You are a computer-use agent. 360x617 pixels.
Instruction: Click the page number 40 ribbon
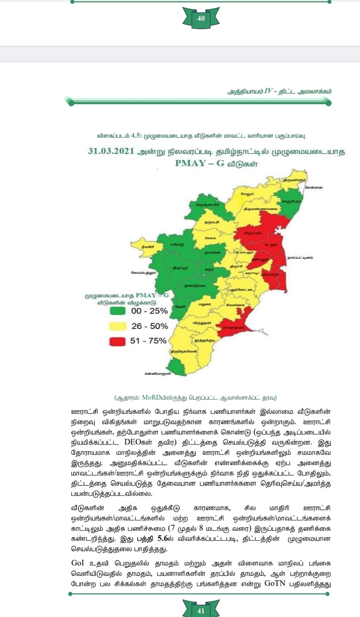pos(201,18)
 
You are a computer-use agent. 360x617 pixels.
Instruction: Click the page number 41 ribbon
pos(201,610)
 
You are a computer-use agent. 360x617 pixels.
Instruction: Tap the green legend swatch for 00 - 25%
pos(117,311)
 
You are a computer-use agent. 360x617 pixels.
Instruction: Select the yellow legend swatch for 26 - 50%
pos(117,326)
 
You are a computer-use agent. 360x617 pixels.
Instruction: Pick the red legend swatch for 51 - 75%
pos(117,341)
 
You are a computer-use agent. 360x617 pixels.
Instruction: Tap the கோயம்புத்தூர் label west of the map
pos(143,273)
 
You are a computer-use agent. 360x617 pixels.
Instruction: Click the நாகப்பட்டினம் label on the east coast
pos(300,257)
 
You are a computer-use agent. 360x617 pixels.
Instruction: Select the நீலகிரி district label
pos(147,246)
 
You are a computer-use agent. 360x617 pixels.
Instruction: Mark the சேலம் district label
pos(210,238)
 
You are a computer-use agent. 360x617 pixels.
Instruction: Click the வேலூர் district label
pos(247,194)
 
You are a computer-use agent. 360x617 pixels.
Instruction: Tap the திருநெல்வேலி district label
pos(184,351)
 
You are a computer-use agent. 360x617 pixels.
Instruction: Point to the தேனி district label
pos(180,306)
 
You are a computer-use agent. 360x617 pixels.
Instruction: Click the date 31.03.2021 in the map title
pos(111,151)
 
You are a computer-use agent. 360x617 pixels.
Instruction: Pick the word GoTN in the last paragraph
pos(275,583)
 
